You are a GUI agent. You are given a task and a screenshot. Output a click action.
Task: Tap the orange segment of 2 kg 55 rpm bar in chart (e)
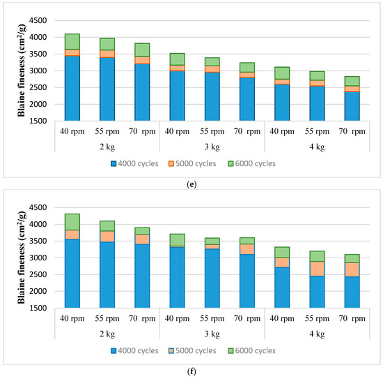coord(107,54)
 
